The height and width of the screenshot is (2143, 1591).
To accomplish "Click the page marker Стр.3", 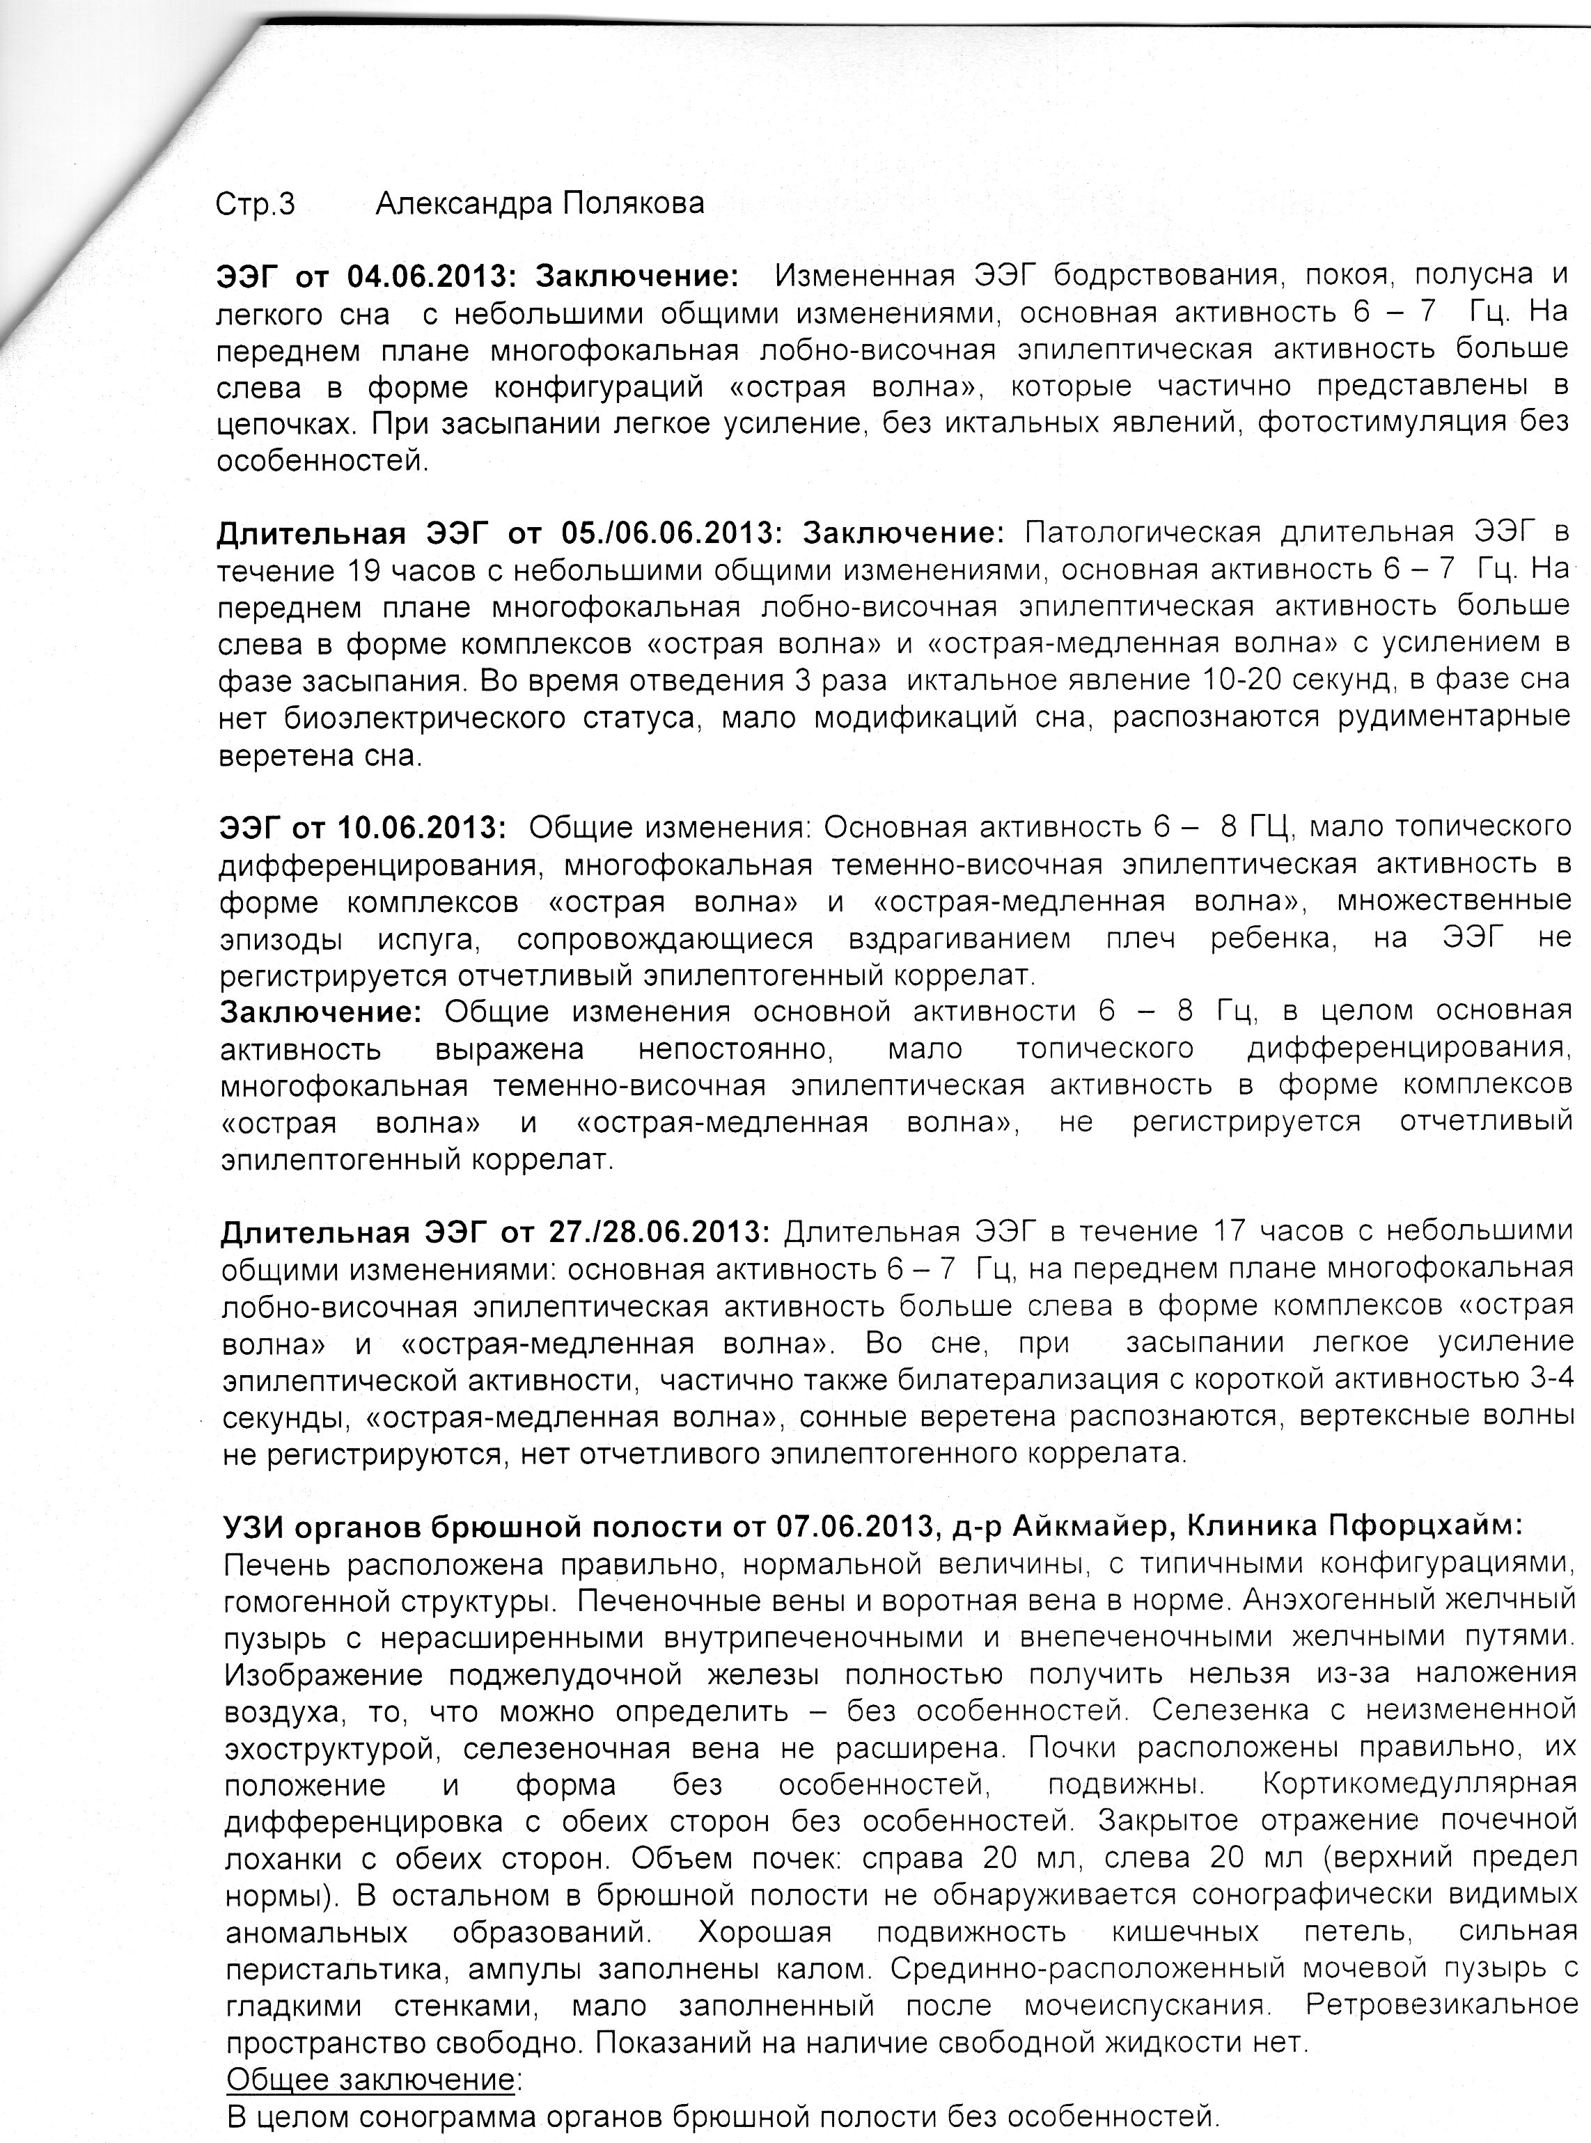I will [x=256, y=204].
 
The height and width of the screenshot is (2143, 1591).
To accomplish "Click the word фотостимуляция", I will [x=1383, y=423].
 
